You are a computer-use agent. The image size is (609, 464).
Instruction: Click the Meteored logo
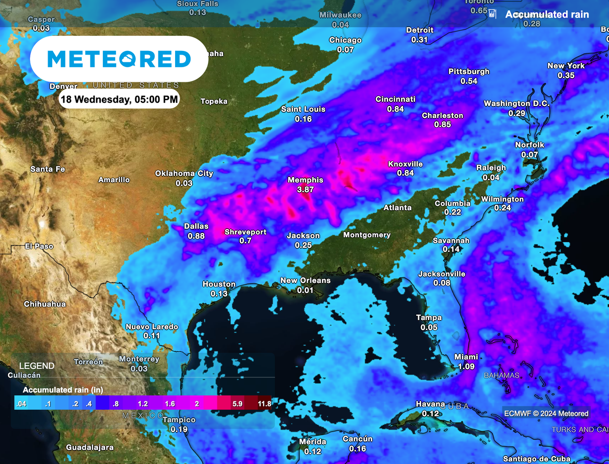(x=119, y=59)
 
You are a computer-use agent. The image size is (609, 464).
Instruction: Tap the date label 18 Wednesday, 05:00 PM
(x=118, y=100)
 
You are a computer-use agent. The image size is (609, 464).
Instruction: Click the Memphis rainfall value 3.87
(x=305, y=189)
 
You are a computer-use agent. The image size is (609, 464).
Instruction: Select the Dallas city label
(x=196, y=227)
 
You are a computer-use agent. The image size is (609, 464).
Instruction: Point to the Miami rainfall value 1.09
(x=466, y=367)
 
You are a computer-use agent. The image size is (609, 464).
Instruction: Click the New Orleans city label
(x=305, y=280)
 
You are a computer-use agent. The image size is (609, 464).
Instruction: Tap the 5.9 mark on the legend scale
(x=238, y=404)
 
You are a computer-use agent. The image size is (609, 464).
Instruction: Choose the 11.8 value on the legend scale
(x=264, y=404)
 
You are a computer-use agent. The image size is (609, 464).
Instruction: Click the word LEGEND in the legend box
(x=37, y=366)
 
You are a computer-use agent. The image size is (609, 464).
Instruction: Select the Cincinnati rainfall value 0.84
(x=395, y=109)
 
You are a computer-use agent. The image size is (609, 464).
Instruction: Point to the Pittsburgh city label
(x=469, y=72)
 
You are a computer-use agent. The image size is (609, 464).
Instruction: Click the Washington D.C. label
(x=517, y=104)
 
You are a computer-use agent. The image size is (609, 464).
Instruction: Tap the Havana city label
(x=431, y=404)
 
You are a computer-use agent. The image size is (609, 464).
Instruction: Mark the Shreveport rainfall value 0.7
(x=245, y=241)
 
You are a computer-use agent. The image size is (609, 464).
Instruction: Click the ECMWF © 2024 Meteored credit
(x=546, y=413)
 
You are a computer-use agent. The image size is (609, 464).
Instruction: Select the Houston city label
(x=219, y=284)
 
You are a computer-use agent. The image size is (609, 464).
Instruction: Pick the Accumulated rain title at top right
(x=547, y=14)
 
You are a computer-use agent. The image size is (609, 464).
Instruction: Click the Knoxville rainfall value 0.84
(x=405, y=173)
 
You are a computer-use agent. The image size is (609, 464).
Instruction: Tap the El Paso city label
(x=39, y=246)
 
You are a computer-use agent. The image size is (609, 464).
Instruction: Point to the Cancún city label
(x=357, y=439)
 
